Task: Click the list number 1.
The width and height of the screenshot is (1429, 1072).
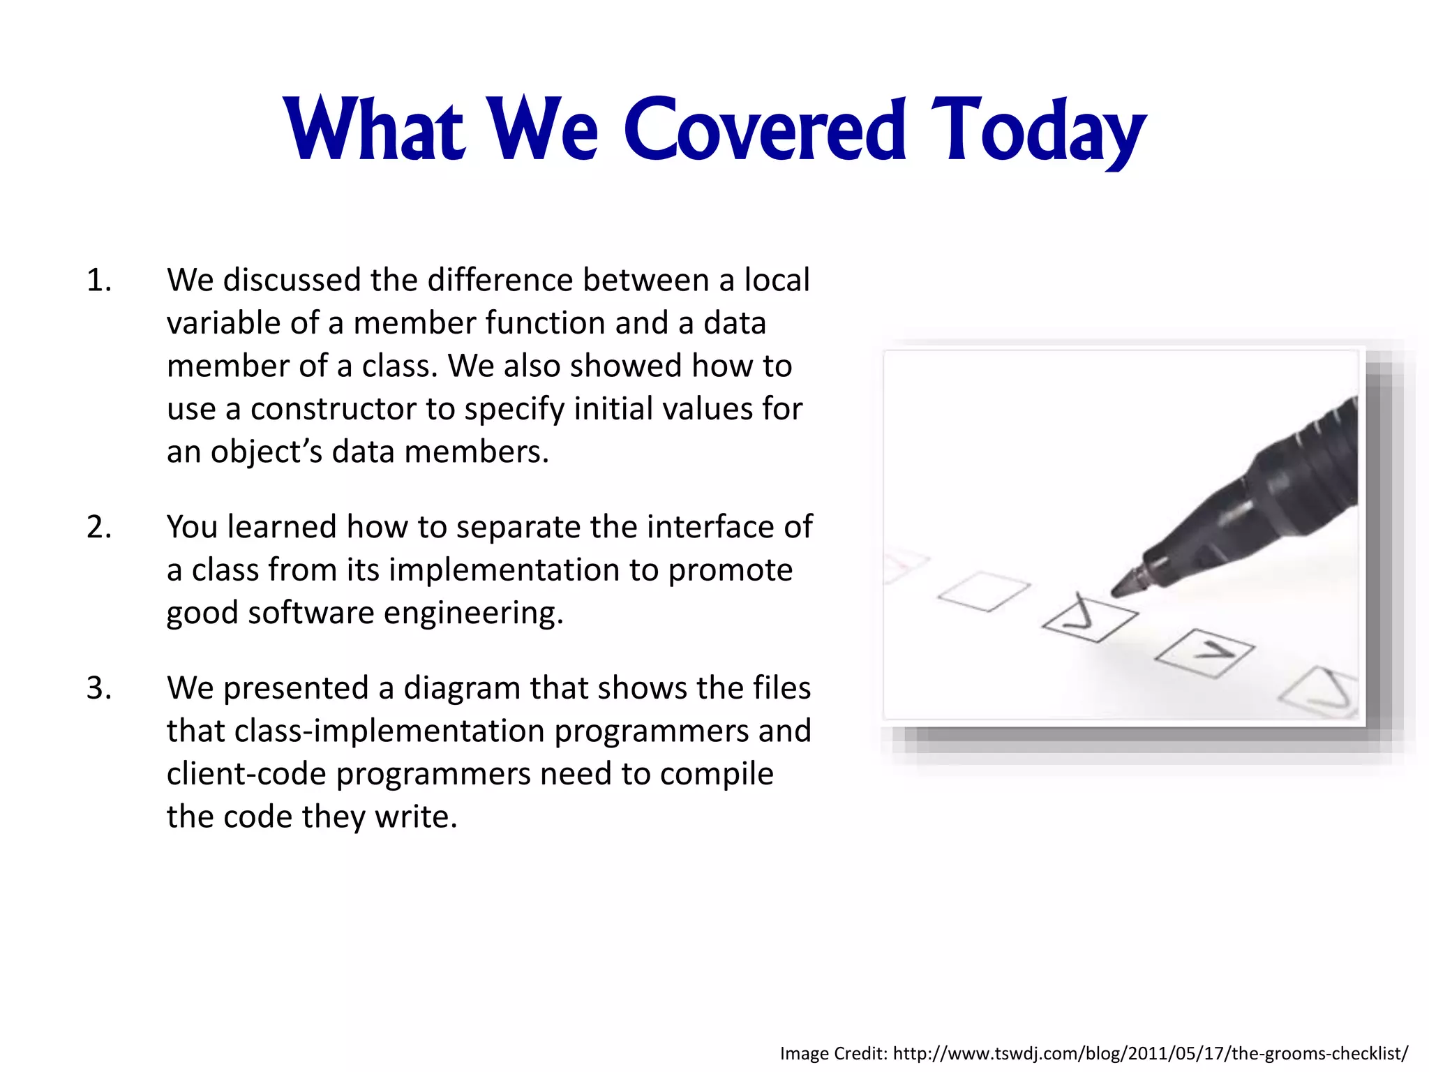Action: [98, 281]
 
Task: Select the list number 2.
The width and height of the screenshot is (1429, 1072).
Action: [98, 527]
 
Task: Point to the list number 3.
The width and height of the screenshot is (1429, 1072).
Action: [98, 688]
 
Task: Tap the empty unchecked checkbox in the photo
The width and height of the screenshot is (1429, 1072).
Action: [984, 591]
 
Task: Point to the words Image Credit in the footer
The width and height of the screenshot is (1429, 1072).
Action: [833, 1053]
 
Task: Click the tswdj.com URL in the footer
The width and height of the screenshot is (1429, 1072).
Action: [1150, 1053]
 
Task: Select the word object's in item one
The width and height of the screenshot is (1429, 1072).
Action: [267, 452]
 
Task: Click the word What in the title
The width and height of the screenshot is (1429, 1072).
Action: [375, 131]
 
